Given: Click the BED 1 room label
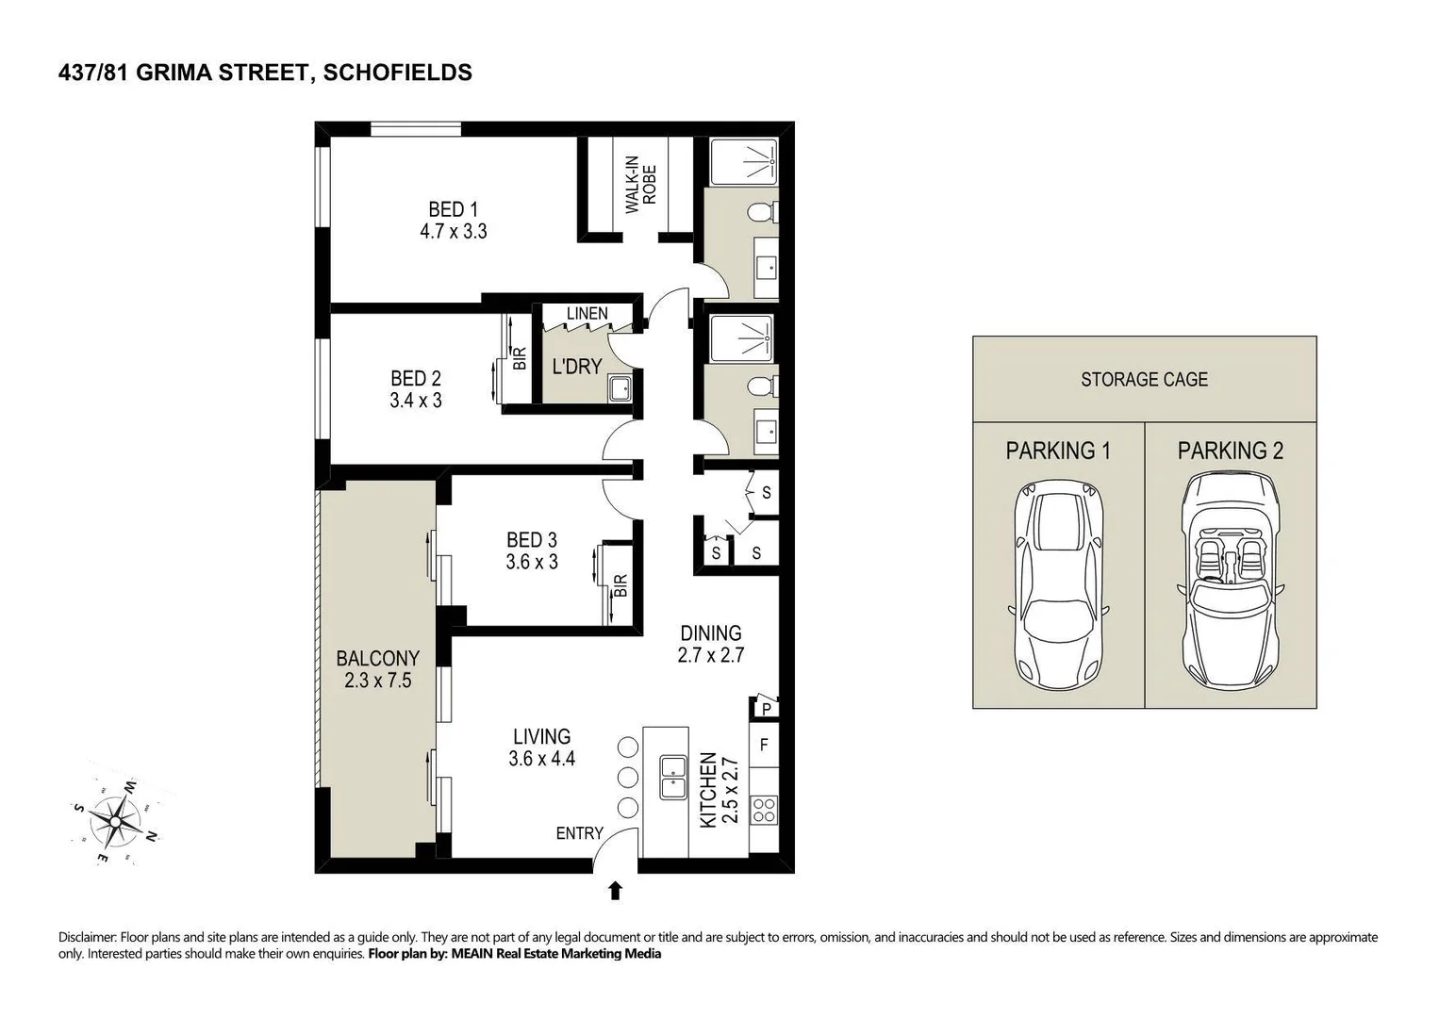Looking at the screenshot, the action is (x=453, y=209).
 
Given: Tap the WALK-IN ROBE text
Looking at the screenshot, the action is (x=640, y=185).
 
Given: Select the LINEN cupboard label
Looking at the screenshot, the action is (x=587, y=314).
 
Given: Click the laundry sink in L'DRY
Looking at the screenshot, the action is (x=620, y=389).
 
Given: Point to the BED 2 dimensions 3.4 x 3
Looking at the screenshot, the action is (x=416, y=401).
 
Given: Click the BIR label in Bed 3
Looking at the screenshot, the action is (x=620, y=585).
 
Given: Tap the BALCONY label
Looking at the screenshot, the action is (x=378, y=658).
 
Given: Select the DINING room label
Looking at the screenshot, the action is (x=710, y=633).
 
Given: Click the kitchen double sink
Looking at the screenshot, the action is (x=672, y=778).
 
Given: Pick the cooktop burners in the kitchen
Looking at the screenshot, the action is (x=764, y=810).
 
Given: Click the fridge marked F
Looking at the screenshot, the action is (x=764, y=745).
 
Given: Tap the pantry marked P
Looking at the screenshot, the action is (x=766, y=709).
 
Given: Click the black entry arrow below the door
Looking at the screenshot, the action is (x=616, y=890).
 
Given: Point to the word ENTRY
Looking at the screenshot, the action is (x=579, y=833).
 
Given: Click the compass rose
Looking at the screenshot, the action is (x=115, y=821).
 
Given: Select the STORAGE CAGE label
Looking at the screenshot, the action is (x=1144, y=380).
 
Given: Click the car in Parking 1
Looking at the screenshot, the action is (x=1058, y=584).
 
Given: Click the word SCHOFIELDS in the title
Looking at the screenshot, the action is (x=398, y=73).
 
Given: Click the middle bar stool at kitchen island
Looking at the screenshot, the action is (x=628, y=777).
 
